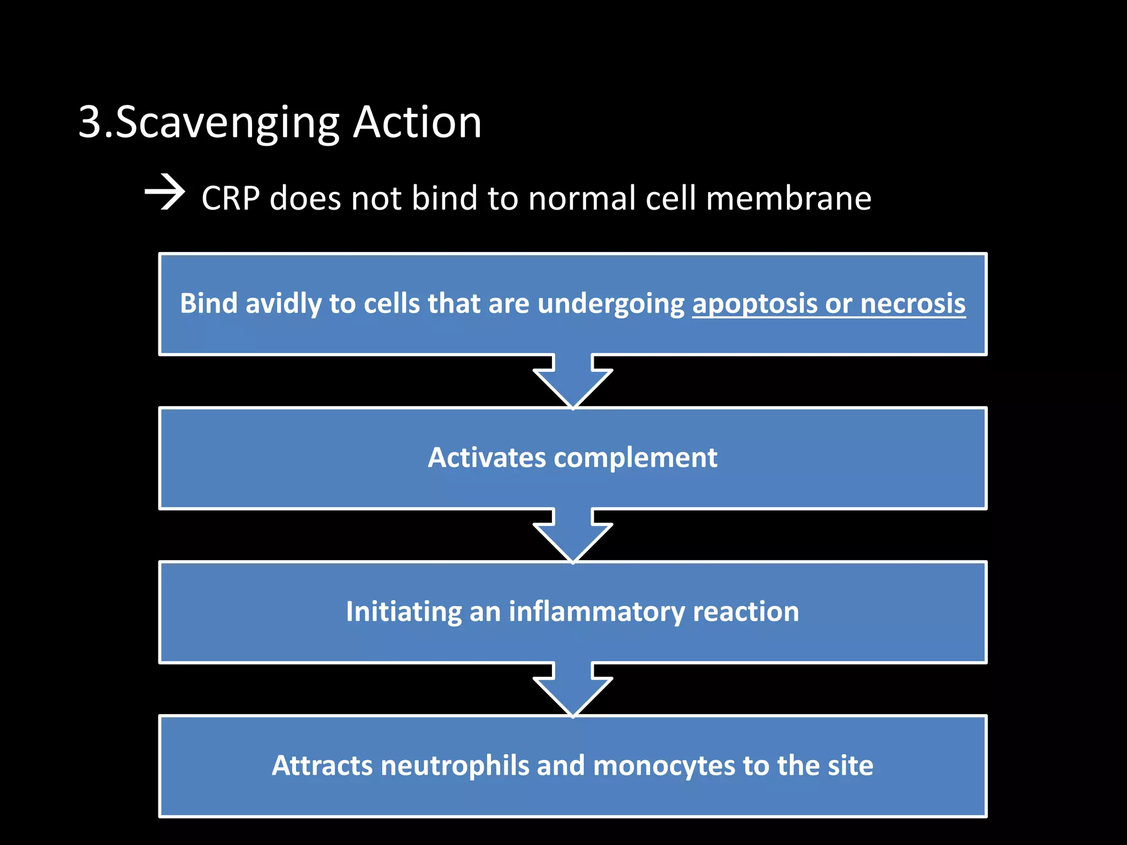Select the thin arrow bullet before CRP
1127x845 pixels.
tap(164, 193)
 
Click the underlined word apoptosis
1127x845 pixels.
tap(754, 304)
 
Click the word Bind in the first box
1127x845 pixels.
tap(209, 304)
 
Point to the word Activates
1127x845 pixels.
tap(486, 458)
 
